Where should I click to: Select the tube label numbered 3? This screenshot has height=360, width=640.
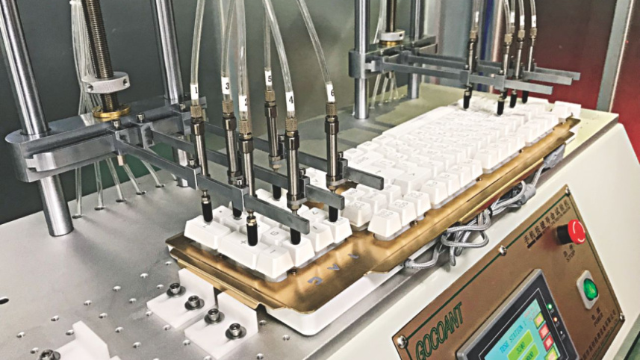[x=227, y=87]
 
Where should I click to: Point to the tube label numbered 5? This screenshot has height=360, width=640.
[x=269, y=77]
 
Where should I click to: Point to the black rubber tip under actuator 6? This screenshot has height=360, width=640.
[x=333, y=213]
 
